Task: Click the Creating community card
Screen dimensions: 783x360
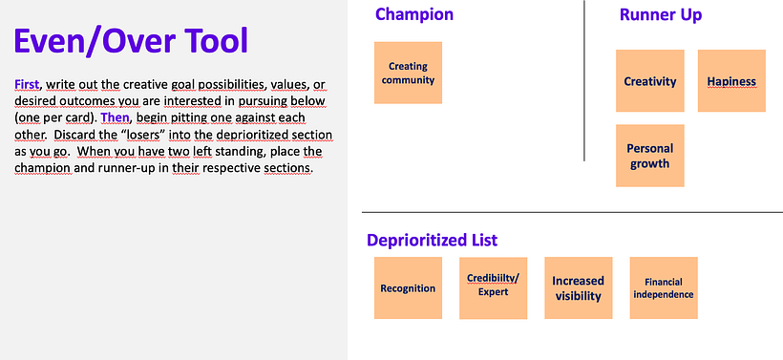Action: point(408,73)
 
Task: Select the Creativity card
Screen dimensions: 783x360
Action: point(649,81)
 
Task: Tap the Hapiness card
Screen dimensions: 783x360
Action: point(731,81)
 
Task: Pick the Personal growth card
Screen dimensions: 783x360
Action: point(649,156)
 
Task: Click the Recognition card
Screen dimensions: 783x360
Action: point(408,288)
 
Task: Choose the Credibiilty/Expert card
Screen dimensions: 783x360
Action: point(494,288)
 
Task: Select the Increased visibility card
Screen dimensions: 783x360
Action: point(579,288)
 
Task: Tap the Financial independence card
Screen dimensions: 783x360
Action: point(664,288)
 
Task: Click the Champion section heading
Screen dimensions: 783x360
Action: point(414,14)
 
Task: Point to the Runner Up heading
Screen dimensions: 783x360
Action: point(661,15)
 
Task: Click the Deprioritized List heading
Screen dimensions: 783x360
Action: point(433,241)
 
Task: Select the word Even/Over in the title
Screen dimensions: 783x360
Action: point(95,41)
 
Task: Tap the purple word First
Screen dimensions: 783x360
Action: point(27,84)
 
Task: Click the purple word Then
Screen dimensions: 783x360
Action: point(115,117)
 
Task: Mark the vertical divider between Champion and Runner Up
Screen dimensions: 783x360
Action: point(584,80)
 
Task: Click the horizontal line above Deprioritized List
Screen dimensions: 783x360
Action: point(572,212)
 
